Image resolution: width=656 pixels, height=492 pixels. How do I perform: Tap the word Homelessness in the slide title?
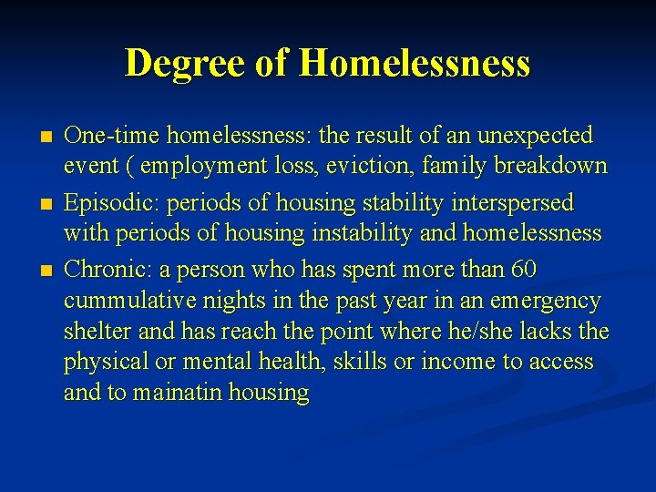click(x=414, y=63)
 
